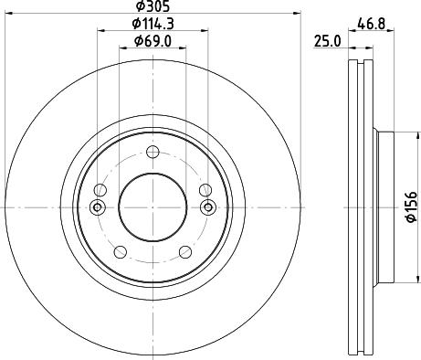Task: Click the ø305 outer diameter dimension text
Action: [152, 6]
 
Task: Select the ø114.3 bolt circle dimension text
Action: [152, 23]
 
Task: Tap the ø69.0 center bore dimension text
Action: [152, 40]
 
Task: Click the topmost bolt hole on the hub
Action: [153, 152]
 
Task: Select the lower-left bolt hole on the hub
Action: [119, 253]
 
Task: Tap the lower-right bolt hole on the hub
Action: [185, 253]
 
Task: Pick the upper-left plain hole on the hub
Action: [100, 190]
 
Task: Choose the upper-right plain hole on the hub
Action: [205, 190]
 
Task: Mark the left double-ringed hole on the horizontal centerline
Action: [98, 207]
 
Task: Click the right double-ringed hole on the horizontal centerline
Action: [207, 207]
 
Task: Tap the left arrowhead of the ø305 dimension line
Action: [7, 15]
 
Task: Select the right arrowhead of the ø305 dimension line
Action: [297, 15]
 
